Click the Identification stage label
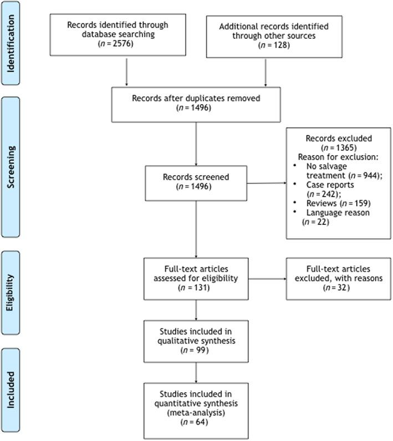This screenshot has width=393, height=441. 17,43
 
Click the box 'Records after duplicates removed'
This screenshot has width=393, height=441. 196,102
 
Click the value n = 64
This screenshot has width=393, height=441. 196,422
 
